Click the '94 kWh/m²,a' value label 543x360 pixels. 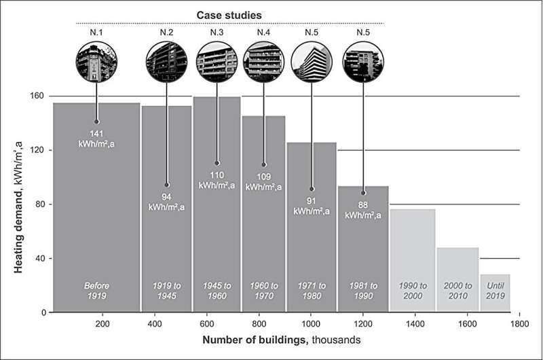pos(166,201)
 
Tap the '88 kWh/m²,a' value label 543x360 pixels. pos(363,209)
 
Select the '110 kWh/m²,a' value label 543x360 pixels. pos(217,179)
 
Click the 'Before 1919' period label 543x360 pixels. pos(96,291)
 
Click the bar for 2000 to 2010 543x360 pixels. pos(457,272)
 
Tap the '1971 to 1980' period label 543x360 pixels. pos(312,291)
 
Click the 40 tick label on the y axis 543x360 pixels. pos(39,258)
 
